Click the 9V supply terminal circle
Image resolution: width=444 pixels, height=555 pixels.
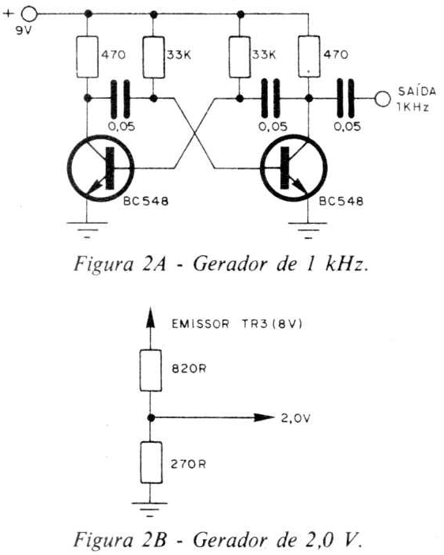29,13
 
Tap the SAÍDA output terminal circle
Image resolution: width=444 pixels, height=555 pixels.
382,98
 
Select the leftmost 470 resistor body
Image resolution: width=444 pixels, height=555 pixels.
87,57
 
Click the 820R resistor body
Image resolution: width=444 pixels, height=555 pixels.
151,371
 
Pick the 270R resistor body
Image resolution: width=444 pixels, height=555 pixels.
151,462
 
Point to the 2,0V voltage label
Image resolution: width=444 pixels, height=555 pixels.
295,418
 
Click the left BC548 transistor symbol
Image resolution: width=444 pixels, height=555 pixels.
101,168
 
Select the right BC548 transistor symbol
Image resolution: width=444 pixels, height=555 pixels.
294,168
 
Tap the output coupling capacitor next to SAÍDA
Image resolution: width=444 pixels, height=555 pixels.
346,98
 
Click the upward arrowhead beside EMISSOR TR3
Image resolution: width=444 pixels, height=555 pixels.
150,318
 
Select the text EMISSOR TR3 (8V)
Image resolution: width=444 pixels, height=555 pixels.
237,324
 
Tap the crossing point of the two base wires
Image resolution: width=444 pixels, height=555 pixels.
194,133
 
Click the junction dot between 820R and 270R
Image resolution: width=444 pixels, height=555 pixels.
151,418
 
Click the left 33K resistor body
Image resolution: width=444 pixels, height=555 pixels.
153,57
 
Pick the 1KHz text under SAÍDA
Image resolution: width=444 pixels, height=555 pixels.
412,108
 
